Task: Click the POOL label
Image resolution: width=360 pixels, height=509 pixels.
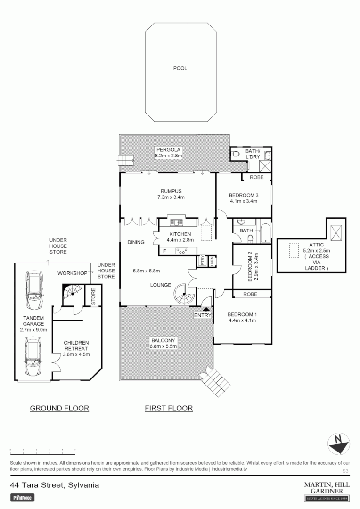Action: (x=180, y=68)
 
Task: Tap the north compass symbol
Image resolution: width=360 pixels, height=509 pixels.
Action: (x=338, y=444)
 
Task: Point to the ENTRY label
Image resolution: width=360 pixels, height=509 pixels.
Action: (x=203, y=315)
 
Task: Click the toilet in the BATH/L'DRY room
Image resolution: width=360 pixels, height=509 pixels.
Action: (x=236, y=154)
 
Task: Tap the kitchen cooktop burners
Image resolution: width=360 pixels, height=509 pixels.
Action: (x=181, y=251)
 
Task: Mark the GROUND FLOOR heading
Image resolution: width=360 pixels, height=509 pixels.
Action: (x=59, y=408)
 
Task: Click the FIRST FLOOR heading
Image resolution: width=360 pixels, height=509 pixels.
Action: (x=169, y=408)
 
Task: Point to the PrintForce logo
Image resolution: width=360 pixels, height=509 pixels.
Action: (x=23, y=497)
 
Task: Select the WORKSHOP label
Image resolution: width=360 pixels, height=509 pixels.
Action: (x=72, y=273)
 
